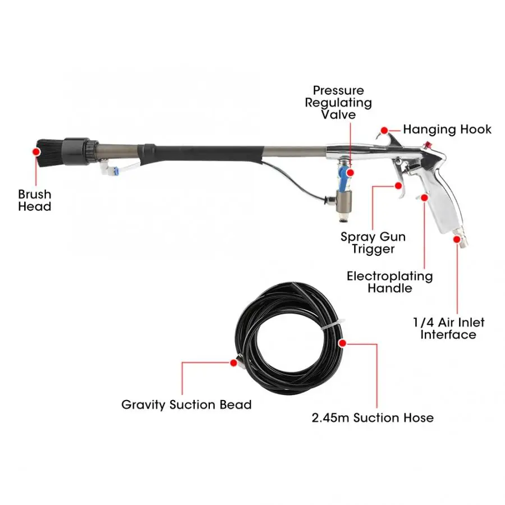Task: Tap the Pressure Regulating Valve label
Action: pyautogui.click(x=338, y=103)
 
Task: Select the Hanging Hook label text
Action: pyautogui.click(x=447, y=130)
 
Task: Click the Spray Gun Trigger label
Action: pyautogui.click(x=373, y=243)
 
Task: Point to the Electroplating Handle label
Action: pyautogui.click(x=390, y=282)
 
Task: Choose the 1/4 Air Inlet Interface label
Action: pyautogui.click(x=449, y=328)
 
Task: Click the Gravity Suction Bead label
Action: pyautogui.click(x=186, y=405)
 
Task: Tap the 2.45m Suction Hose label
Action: pyautogui.click(x=373, y=417)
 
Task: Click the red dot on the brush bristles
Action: pyautogui.click(x=36, y=151)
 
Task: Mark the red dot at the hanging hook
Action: pyautogui.click(x=384, y=130)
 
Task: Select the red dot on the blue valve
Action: pyautogui.click(x=351, y=173)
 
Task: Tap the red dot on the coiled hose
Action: pyautogui.click(x=342, y=343)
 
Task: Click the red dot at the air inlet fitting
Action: pyautogui.click(x=457, y=239)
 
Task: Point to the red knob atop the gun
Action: pyautogui.click(x=428, y=145)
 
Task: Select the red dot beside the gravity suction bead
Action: pyautogui.click(x=234, y=362)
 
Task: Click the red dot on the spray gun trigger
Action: pyautogui.click(x=398, y=186)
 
